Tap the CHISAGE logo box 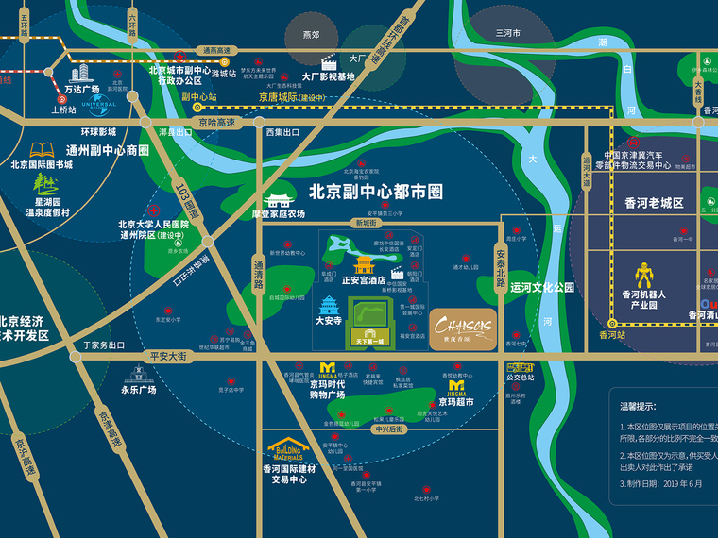coord(463,328)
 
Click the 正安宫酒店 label coord(363,280)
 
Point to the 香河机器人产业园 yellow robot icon coord(644,276)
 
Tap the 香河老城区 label coord(654,203)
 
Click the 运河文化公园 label coord(542,287)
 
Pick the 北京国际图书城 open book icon coord(42,149)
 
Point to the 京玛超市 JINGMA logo coord(457,387)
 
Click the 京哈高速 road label coord(216,122)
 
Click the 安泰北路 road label coord(502,259)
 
